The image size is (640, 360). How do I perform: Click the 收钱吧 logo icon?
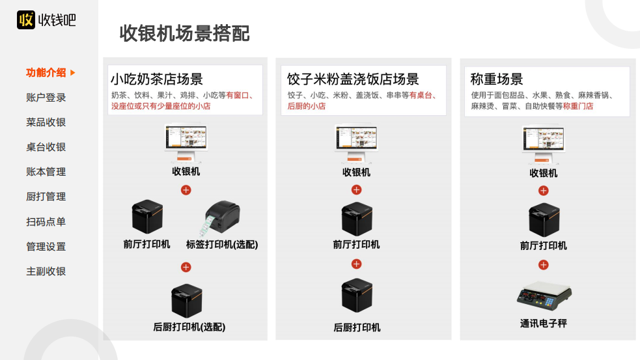pos(26,20)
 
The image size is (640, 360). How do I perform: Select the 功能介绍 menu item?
pos(46,72)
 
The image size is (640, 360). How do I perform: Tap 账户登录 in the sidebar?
pos(46,98)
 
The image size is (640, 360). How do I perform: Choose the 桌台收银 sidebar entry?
pos(46,147)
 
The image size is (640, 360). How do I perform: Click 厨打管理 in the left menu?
pos(46,197)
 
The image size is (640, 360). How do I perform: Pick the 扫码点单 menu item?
pos(46,222)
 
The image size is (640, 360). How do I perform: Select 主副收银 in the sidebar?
pos(46,271)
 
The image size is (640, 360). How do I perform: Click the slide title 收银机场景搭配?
pos(185,33)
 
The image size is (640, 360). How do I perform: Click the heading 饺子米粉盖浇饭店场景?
pos(353,79)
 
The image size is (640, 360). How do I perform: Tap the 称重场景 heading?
pos(497,79)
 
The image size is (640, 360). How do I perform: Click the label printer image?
pos(222,219)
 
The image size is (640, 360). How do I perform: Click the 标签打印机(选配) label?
pos(222,245)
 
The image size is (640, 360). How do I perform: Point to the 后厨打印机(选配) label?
pos(189,327)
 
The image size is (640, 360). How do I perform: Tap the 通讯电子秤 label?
pos(544,323)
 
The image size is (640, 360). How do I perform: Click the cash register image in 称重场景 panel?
pos(544,145)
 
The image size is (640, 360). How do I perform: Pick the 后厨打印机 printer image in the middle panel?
pos(357,296)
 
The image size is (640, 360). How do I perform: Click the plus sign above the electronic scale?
pos(544,265)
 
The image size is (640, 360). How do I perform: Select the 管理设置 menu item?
pos(46,247)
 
